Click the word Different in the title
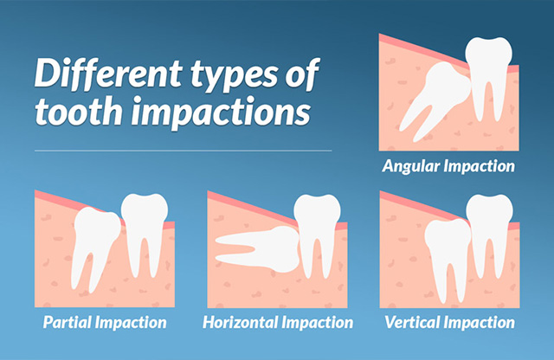coord(108,75)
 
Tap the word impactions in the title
coord(222,111)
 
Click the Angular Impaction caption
coord(448,166)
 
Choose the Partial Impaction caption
coord(105,322)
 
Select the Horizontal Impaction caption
coord(278,322)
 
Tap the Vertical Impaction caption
coord(449,322)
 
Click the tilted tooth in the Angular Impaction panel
coord(438,99)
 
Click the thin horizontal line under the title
coord(183,151)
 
